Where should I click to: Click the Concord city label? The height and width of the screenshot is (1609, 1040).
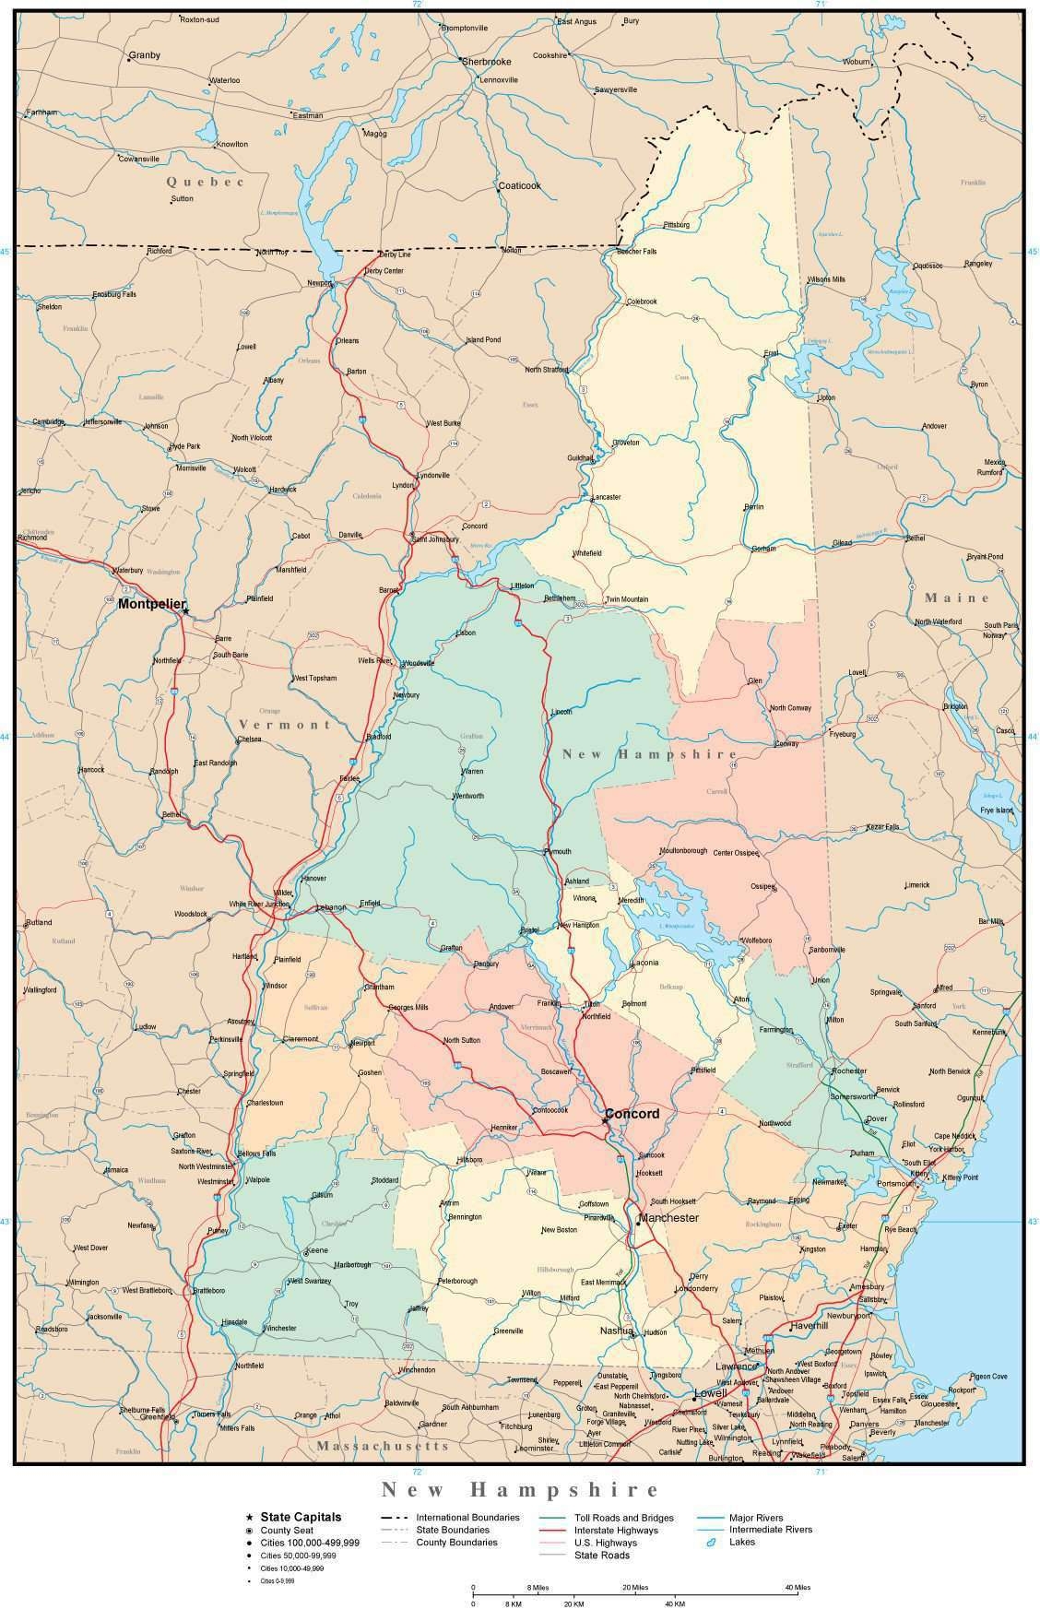632,1114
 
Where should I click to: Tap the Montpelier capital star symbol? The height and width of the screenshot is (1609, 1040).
185,610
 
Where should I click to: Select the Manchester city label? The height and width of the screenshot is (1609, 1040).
668,1218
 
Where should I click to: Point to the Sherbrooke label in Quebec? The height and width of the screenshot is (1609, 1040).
486,61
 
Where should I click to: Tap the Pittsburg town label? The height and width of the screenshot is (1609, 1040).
676,225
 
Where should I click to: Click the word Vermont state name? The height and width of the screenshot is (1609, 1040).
284,725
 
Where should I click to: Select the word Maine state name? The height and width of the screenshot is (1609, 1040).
957,597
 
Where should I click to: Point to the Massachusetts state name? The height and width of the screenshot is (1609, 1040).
383,1446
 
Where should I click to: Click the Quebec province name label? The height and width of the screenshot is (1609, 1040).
205,182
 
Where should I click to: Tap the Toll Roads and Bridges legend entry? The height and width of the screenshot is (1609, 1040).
624,1518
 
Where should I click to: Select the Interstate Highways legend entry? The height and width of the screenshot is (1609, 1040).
616,1531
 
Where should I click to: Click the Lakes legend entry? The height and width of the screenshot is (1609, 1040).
741,1542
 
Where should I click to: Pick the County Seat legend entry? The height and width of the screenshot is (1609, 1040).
287,1531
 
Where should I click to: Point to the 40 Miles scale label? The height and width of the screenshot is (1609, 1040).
798,1587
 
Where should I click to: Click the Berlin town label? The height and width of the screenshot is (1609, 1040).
753,507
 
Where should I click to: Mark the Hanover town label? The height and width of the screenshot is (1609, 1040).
313,879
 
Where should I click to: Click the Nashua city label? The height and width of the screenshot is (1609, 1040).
616,1331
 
